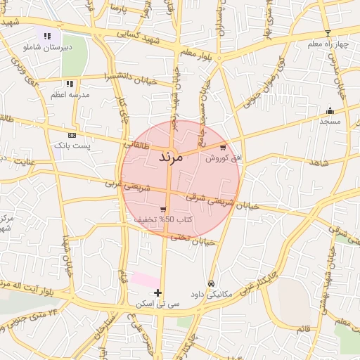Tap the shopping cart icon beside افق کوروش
pos(223,148)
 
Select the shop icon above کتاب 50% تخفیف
pos(163,209)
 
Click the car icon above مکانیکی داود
pos(212,283)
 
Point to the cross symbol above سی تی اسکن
pos(157,292)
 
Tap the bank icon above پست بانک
pos(72,135)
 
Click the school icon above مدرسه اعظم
pos(70,84)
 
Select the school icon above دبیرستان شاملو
pos(47,36)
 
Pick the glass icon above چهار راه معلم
pos(328,33)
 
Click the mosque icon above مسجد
pos(330,110)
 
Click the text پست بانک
pos(72,145)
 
